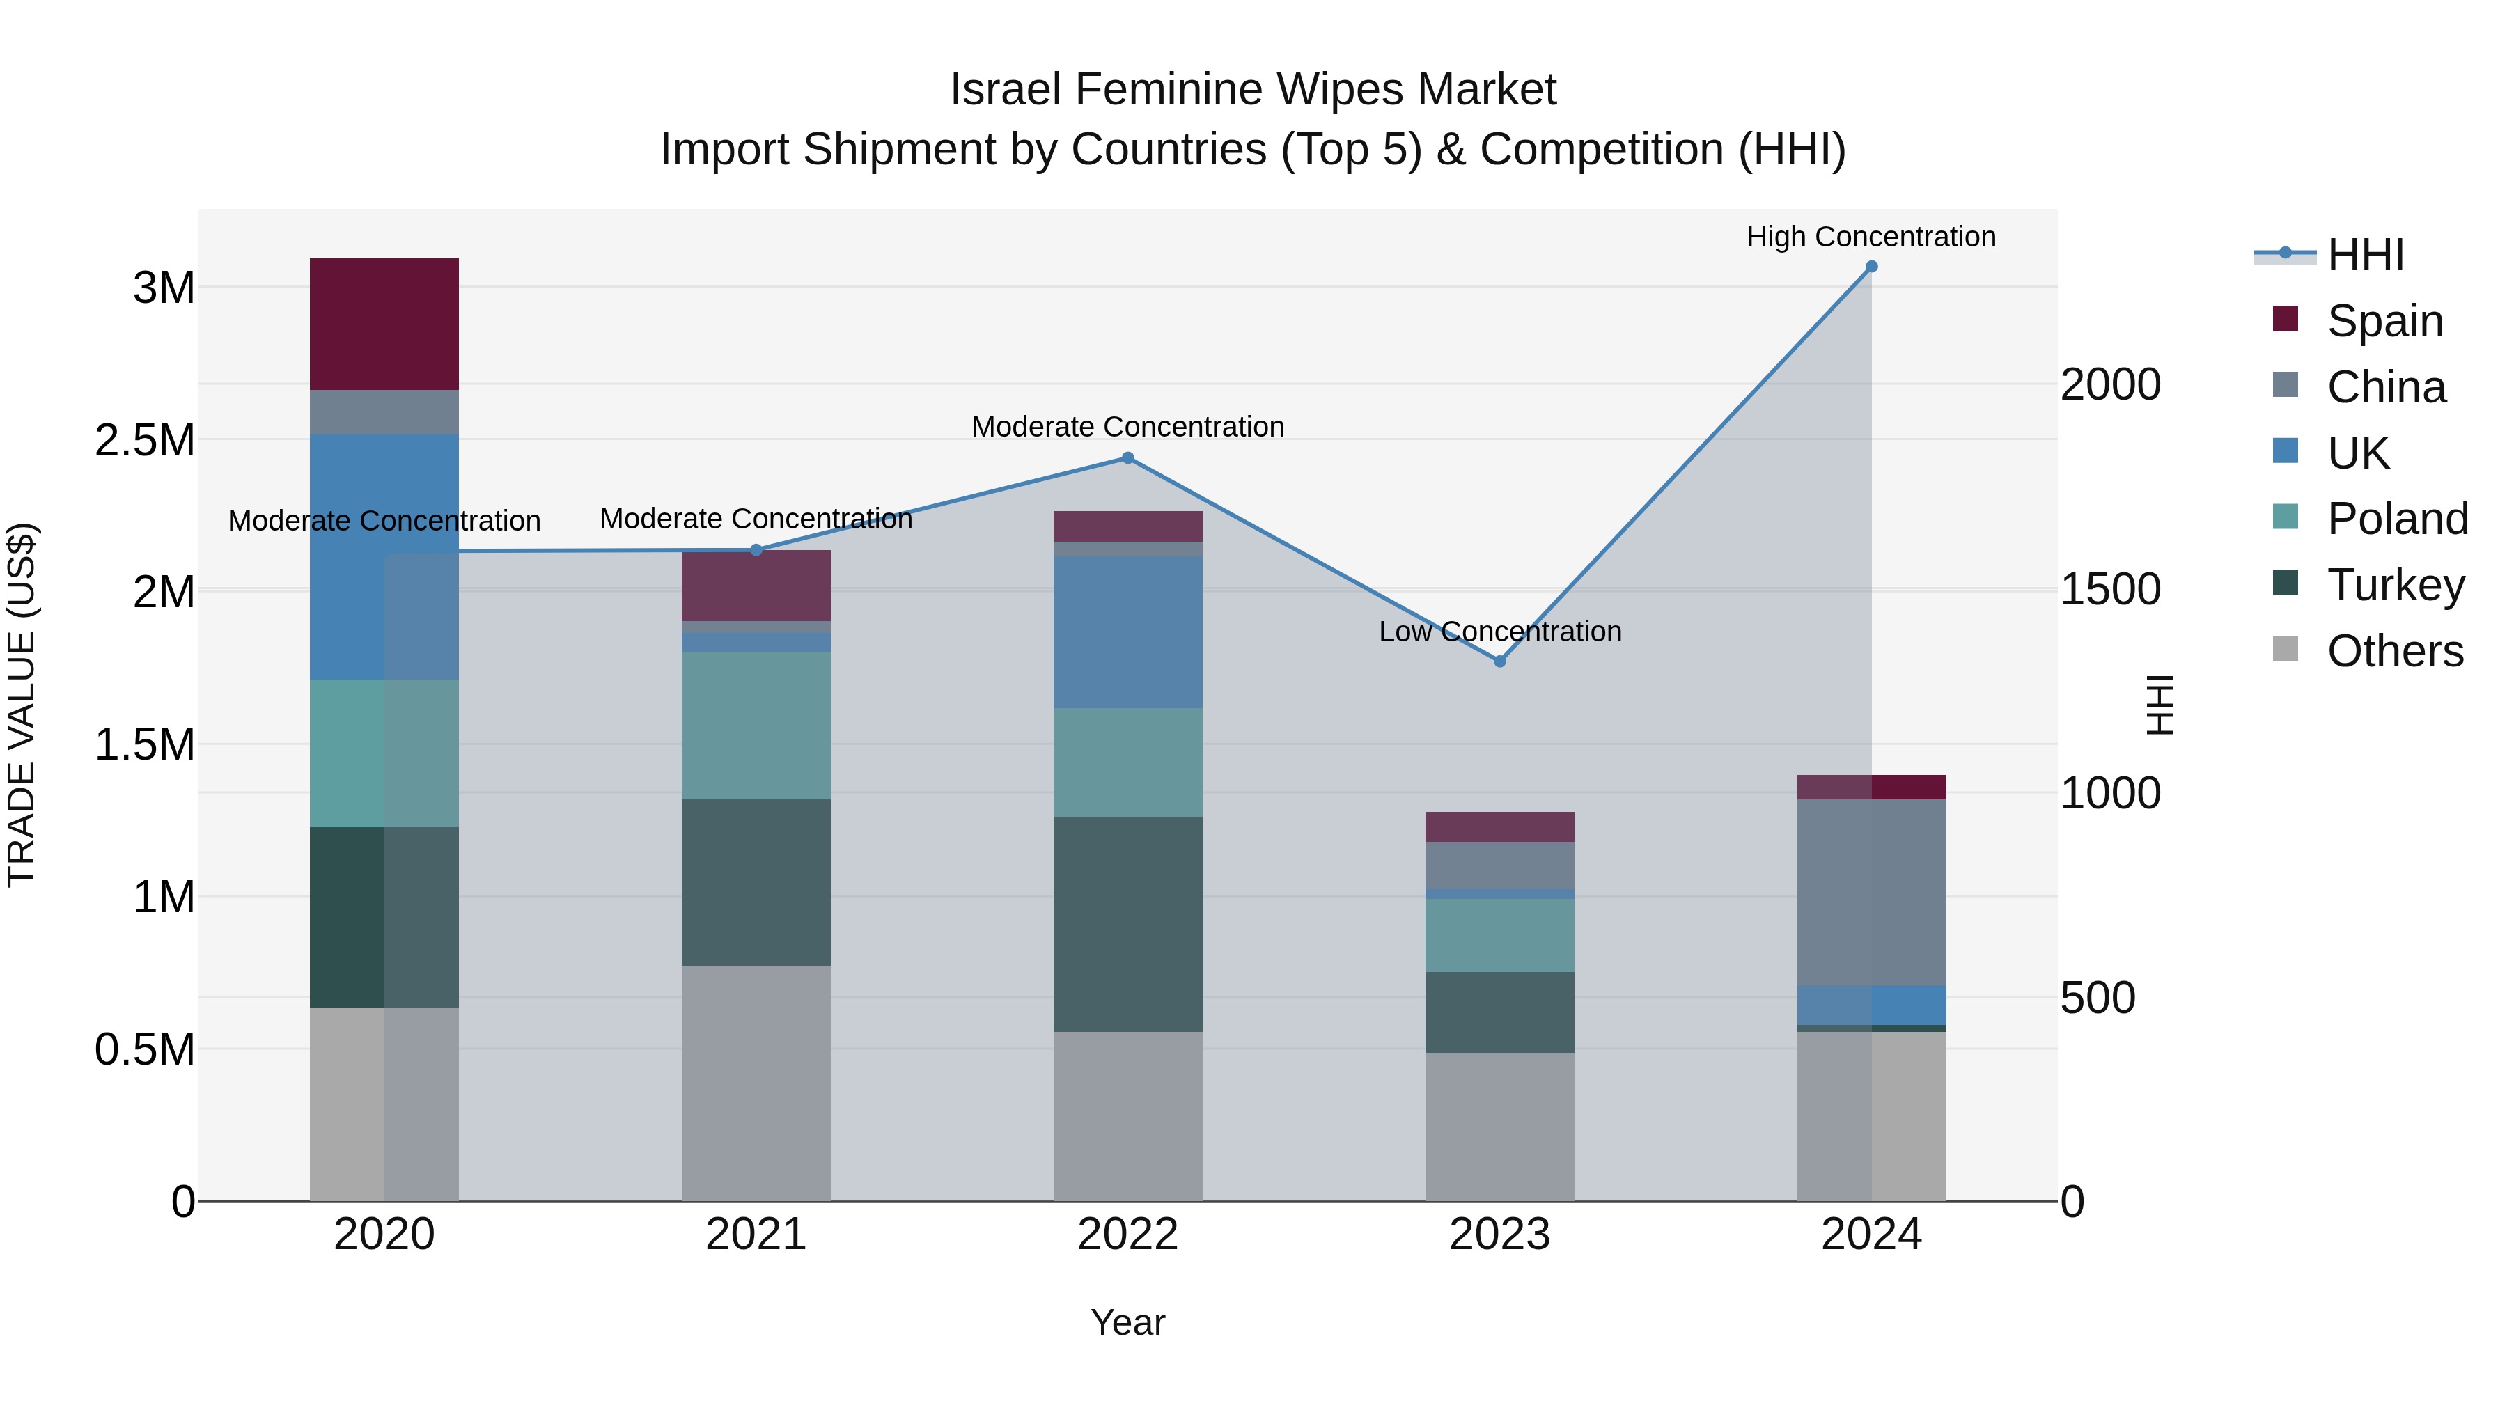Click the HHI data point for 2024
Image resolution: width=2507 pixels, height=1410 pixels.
[1871, 267]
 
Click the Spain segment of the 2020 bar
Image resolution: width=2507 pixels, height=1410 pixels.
[384, 324]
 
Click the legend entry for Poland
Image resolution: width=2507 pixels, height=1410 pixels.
[2397, 519]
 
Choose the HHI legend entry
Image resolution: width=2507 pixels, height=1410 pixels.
[2365, 255]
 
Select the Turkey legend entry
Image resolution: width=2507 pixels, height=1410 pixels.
[2395, 585]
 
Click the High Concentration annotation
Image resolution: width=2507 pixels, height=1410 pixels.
[1871, 237]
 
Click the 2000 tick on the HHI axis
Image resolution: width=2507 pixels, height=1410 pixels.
[2110, 384]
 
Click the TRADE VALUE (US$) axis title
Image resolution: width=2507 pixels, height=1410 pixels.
[22, 705]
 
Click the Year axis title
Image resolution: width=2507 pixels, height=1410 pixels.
[1127, 1322]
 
